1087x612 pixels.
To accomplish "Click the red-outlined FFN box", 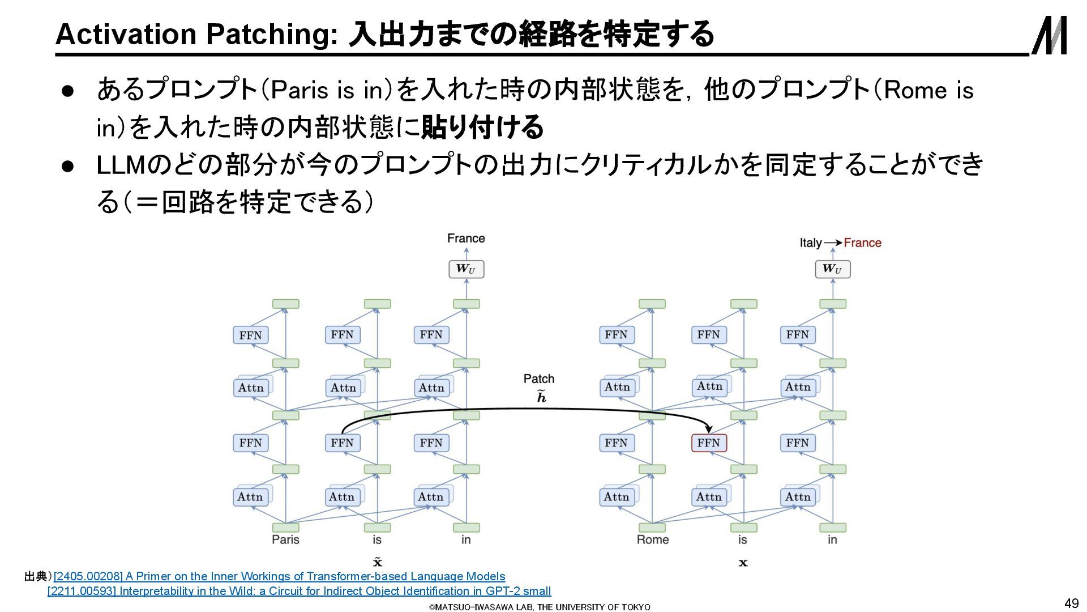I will pos(708,443).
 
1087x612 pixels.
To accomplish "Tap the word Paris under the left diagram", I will pos(285,539).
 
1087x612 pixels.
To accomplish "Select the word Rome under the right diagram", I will pos(652,539).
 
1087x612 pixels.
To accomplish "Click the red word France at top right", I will pos(862,243).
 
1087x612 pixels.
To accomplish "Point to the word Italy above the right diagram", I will pos(810,243).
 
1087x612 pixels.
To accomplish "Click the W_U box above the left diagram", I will pos(466,269).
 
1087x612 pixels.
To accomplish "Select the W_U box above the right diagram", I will pos(832,269).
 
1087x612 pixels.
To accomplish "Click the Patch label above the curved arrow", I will pos(538,379).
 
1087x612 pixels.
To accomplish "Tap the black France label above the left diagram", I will pos(466,238).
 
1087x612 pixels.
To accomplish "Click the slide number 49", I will pos(1071,603).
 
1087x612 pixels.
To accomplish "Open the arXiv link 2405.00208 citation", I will pos(279,576).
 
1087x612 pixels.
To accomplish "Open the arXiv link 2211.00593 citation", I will pos(299,591).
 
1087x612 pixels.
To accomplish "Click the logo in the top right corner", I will pos(1049,35).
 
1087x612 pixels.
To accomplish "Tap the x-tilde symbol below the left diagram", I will pos(378,562).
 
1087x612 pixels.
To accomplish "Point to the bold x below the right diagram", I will pos(743,563).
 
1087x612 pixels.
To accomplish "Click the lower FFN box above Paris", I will pos(250,443).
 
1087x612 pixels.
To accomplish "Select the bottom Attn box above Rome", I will pos(617,497).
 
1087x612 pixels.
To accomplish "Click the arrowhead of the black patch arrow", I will pos(708,429).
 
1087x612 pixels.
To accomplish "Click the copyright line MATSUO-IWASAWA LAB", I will pos(540,607).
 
